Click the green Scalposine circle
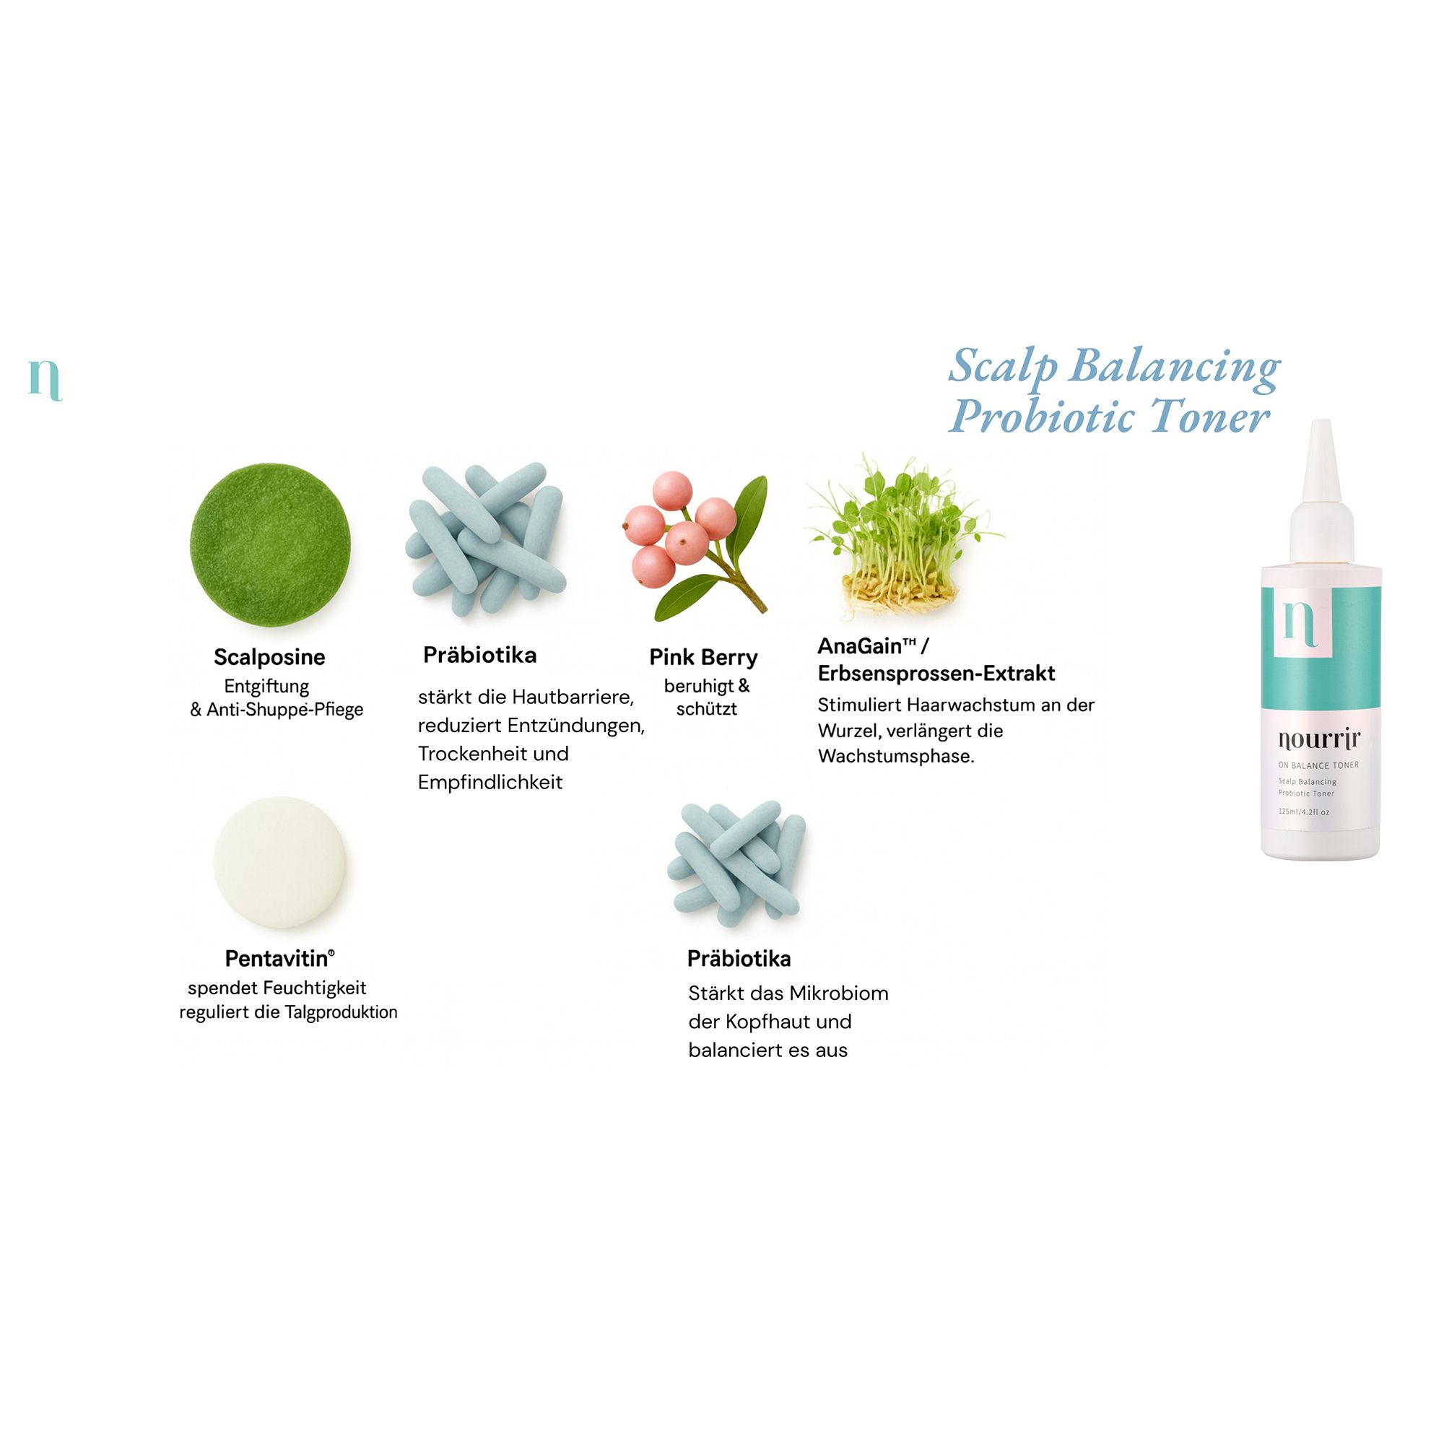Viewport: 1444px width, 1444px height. (x=270, y=544)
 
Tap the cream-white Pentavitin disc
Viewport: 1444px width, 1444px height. (x=279, y=863)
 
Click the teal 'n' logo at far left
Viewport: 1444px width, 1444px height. (x=45, y=380)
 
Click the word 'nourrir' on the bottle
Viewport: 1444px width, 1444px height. (x=1319, y=739)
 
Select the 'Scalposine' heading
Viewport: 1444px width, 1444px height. (x=269, y=657)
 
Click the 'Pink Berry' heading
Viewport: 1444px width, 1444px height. (x=703, y=658)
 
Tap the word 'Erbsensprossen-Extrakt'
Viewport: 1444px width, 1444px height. (x=936, y=674)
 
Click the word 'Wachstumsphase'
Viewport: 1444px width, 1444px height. (x=896, y=757)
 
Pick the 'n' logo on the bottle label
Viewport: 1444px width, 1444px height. (x=1300, y=623)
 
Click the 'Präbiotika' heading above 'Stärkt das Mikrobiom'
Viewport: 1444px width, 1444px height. (x=739, y=959)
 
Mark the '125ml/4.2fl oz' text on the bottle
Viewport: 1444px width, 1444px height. (x=1303, y=812)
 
